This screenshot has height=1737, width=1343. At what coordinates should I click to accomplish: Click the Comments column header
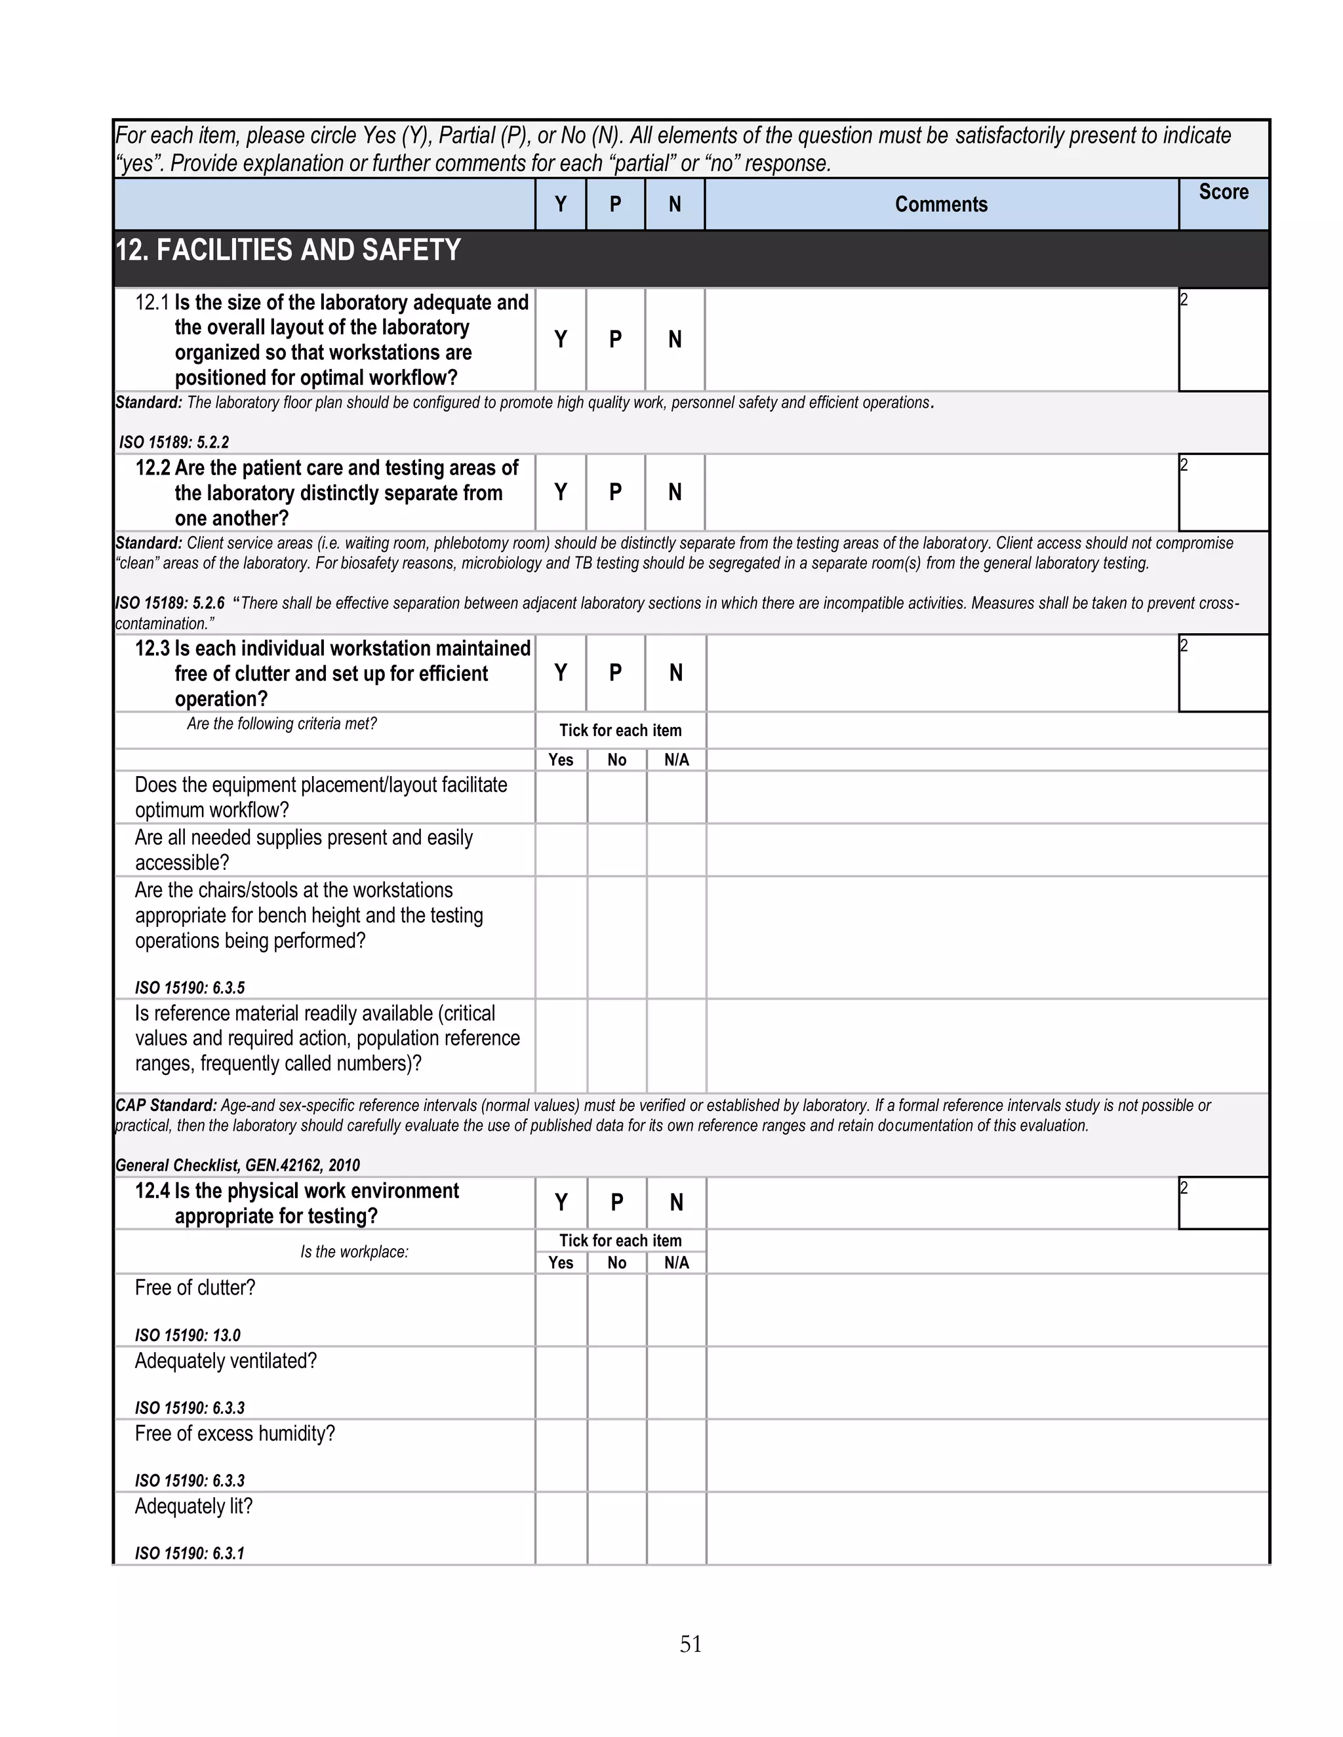(940, 205)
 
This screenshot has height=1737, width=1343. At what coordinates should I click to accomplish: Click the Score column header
(1223, 193)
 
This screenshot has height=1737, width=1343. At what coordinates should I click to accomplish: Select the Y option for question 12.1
(560, 340)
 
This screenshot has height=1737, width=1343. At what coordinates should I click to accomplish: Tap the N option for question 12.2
(675, 492)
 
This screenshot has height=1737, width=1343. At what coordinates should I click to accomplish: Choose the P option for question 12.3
(615, 673)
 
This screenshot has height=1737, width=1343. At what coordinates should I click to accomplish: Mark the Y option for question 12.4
(561, 1203)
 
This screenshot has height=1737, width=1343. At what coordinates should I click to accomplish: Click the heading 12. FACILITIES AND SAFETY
(288, 250)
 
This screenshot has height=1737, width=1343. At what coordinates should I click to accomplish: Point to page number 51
(691, 1643)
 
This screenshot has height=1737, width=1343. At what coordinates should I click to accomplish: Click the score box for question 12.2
(1223, 493)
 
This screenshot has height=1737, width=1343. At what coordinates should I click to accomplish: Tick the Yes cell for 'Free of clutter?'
(561, 1310)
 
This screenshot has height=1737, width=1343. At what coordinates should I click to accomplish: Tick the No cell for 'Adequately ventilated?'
(616, 1382)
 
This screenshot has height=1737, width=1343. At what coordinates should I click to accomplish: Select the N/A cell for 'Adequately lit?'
(676, 1528)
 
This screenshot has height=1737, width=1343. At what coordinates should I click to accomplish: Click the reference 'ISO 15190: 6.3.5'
(190, 988)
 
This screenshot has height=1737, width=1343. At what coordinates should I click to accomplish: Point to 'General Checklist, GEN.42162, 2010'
(237, 1165)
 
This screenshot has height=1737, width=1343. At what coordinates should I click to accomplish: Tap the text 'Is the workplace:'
(354, 1252)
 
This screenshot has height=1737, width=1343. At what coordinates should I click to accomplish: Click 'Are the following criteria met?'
(281, 724)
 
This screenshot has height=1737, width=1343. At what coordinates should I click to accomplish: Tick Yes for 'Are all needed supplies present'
(561, 849)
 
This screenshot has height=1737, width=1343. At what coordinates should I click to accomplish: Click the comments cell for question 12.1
(940, 340)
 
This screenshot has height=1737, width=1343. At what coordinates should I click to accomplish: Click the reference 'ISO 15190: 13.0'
(187, 1335)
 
